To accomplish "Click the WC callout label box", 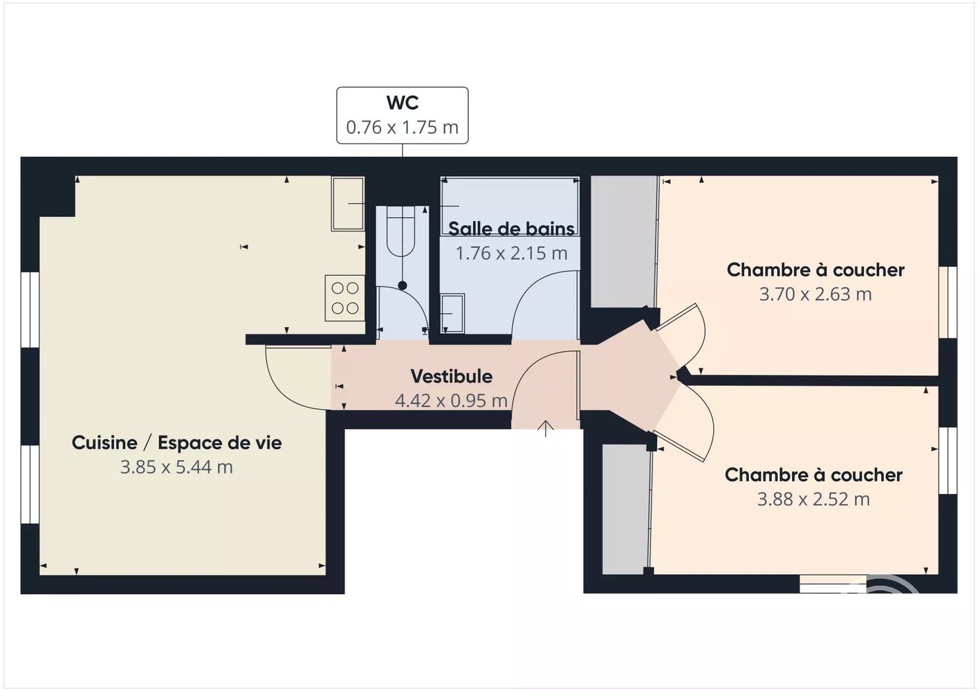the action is tap(402, 115).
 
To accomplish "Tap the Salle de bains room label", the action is tap(511, 229).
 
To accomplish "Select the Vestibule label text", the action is tap(452, 377).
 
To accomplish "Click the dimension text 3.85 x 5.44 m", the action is tap(176, 467).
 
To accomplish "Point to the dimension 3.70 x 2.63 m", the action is tap(815, 294).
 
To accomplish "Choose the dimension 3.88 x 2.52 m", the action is tap(813, 499).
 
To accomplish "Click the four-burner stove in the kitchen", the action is tap(345, 298).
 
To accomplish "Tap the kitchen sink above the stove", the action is tap(347, 204).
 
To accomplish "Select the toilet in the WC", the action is tap(400, 231).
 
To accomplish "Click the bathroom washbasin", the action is tap(452, 313).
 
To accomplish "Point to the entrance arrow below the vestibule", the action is tap(545, 428).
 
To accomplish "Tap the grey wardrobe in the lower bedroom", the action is tap(626, 509).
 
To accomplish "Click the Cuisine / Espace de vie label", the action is tap(176, 443).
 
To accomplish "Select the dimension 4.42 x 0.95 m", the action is tap(451, 401).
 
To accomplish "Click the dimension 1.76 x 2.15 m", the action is tap(511, 253).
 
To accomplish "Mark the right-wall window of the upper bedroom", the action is tap(948, 303).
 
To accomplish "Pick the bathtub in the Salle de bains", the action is tap(510, 206).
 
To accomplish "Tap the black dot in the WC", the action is tap(403, 286).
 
